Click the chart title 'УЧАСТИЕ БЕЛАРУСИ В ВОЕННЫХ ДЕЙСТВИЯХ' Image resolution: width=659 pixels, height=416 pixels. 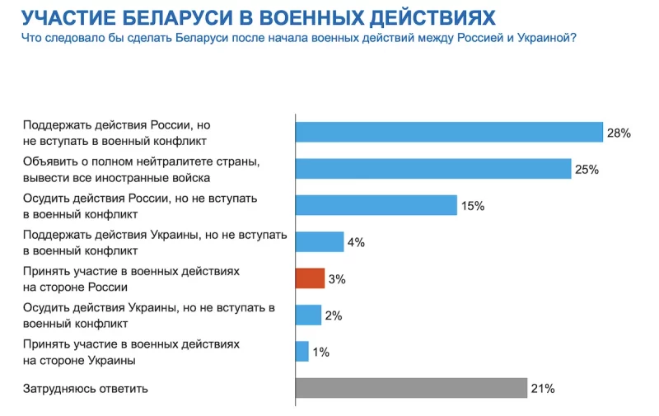click(258, 17)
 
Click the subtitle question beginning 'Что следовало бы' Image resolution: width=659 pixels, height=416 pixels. click(298, 38)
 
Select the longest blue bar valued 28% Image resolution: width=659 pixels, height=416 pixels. click(450, 132)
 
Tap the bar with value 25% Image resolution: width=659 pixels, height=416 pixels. click(433, 169)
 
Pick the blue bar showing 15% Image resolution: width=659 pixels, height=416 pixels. click(376, 205)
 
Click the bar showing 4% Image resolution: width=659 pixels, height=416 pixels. click(320, 241)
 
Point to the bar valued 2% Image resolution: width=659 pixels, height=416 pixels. click(308, 315)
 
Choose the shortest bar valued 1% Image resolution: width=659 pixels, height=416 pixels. click(302, 352)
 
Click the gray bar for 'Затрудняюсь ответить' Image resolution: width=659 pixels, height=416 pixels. click(411, 388)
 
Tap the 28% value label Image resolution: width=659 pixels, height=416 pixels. click(619, 133)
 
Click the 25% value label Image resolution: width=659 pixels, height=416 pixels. click(587, 170)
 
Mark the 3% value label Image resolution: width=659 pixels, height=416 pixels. click(336, 279)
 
